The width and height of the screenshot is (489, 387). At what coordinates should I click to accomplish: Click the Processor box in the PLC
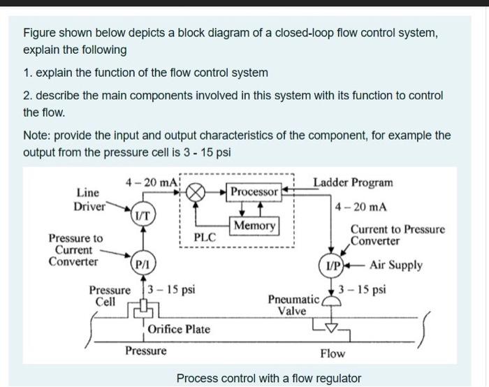coord(255,191)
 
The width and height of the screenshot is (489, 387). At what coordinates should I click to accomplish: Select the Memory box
coord(255,226)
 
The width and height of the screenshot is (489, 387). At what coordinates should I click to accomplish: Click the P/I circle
coord(141,265)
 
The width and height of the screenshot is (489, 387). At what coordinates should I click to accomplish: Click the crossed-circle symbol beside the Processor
coord(196,191)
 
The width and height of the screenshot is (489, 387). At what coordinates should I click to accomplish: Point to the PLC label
coord(204,238)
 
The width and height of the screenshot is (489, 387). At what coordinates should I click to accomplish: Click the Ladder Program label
coord(352,183)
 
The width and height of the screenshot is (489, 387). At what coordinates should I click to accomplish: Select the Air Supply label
coord(395,265)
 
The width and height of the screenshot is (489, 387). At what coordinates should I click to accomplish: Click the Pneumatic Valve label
coord(293,305)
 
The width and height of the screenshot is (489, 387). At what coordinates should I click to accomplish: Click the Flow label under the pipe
coord(332,353)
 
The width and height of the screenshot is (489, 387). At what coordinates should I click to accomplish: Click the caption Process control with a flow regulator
coord(268,379)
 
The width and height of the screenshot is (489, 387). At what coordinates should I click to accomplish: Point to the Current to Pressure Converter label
coord(397,235)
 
